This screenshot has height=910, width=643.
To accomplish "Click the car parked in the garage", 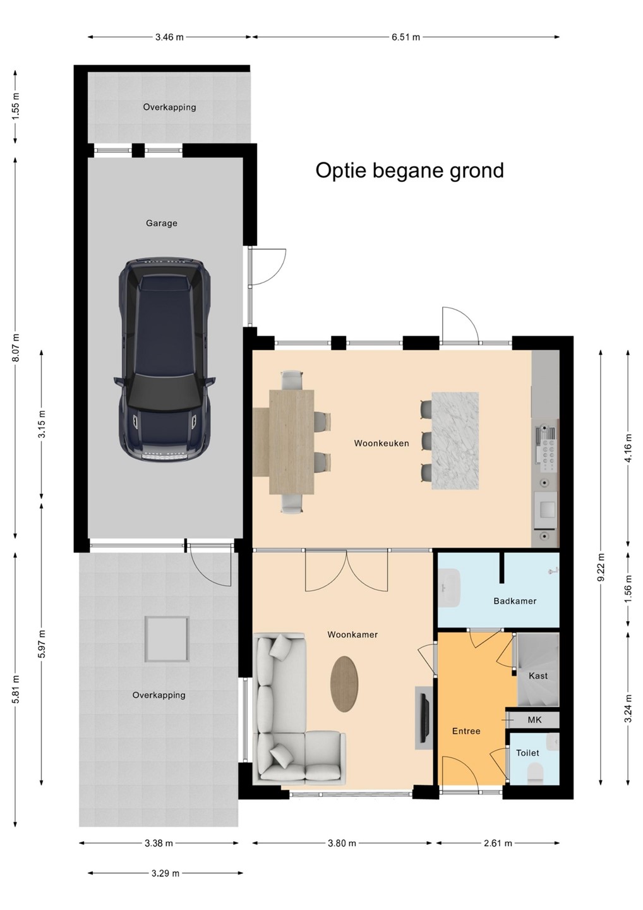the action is click(164, 360).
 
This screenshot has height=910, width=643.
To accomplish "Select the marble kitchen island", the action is click(455, 441).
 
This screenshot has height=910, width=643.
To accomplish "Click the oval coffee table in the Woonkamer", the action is click(345, 684).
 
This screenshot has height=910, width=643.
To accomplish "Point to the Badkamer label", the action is click(515, 601).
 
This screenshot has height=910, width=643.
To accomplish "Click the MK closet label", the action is click(534, 720).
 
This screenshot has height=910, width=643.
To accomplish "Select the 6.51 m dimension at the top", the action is click(406, 37).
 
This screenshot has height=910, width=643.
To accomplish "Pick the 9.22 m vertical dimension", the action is click(601, 567).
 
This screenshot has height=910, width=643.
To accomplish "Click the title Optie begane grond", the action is click(409, 170).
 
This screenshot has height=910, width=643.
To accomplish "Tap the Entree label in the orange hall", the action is click(466, 731).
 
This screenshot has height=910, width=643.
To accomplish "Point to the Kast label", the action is click(538, 676).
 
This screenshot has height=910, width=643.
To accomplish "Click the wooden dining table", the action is click(292, 442).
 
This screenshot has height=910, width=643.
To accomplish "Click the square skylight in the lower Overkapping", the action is click(167, 639).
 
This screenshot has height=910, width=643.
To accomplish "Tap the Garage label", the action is click(162, 223).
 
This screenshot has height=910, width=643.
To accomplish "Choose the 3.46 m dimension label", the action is click(169, 37).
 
